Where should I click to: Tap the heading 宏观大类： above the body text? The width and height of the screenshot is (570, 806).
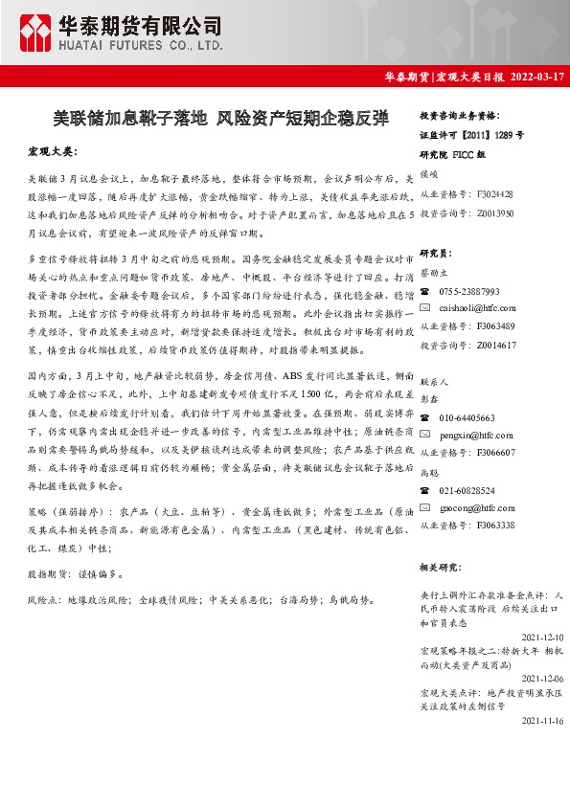point(52,152)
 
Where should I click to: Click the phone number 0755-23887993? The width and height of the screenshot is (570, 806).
point(469,291)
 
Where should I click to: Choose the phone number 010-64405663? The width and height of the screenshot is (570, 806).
point(467,417)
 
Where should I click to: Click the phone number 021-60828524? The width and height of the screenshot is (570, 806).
point(467,490)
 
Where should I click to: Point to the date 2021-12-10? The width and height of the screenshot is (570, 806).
point(543,637)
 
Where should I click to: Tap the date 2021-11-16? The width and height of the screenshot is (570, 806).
point(543,720)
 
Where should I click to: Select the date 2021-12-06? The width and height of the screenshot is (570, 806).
point(543,678)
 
